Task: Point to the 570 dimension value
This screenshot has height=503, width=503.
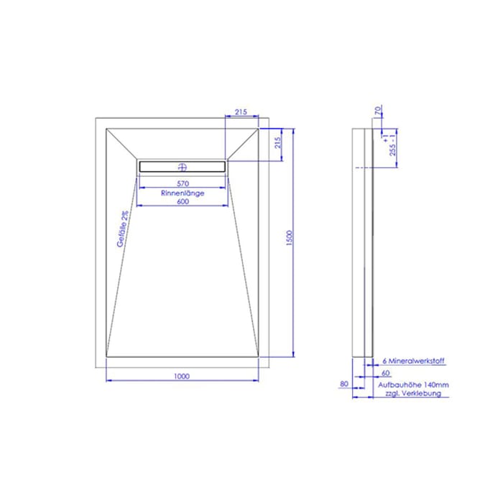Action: point(182,183)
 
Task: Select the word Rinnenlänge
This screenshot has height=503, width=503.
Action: point(182,193)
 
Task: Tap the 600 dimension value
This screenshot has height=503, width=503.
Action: point(182,203)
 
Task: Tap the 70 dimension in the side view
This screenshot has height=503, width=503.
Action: point(378,111)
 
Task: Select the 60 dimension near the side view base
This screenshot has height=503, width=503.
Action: point(386,374)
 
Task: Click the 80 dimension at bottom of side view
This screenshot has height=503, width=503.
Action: point(343,384)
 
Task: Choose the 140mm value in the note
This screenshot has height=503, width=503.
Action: point(436,385)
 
